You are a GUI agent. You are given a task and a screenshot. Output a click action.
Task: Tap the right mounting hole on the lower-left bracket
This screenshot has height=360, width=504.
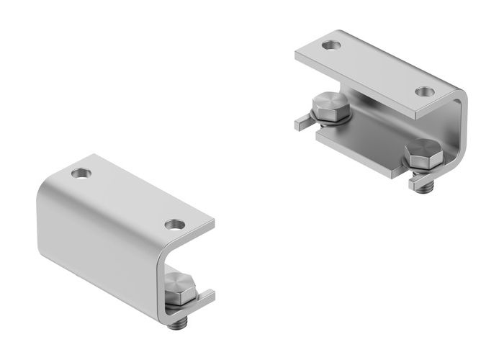174,225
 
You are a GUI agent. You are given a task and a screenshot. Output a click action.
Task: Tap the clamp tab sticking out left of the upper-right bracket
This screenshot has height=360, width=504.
302,122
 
